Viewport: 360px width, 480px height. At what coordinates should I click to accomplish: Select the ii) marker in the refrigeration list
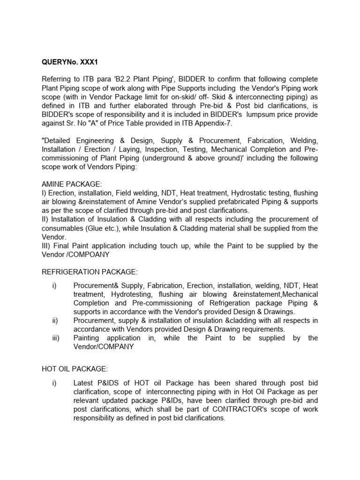pyautogui.click(x=56, y=321)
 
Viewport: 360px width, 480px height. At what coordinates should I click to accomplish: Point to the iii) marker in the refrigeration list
pyautogui.click(x=56, y=338)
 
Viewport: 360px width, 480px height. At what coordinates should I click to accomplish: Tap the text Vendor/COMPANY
pyautogui.click(x=103, y=347)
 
